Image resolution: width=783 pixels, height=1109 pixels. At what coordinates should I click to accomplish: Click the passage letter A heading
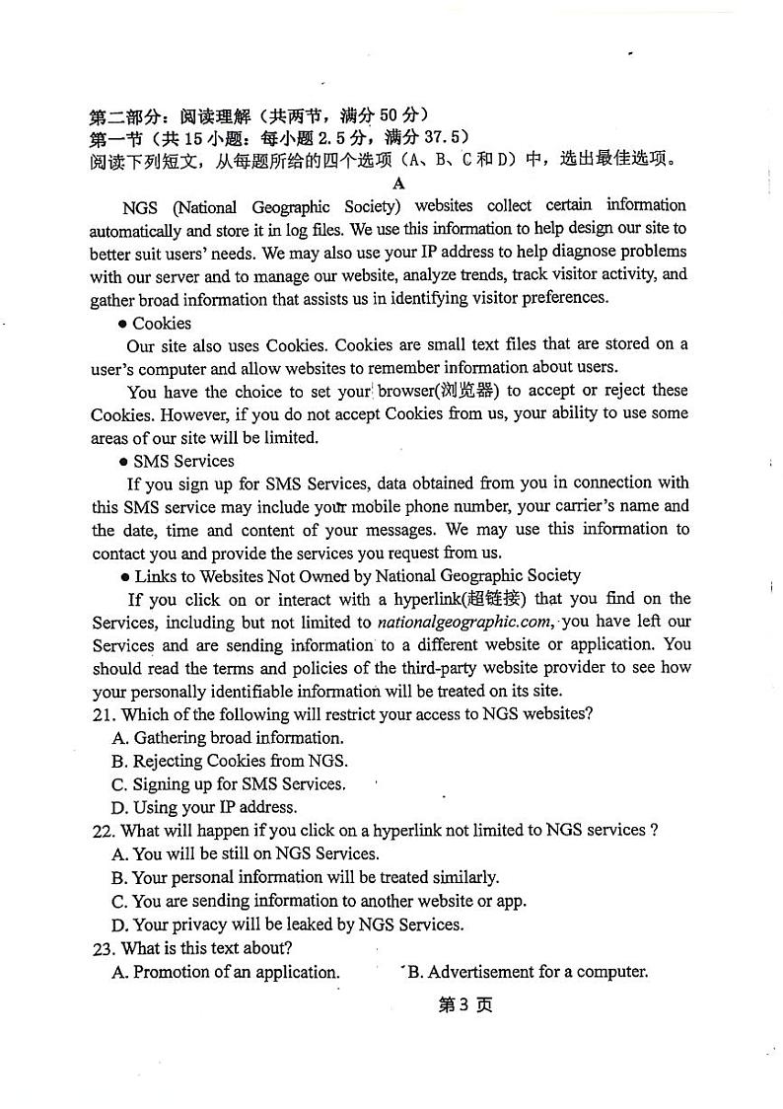point(398,184)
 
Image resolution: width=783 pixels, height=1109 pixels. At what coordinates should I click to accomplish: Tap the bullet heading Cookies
point(162,323)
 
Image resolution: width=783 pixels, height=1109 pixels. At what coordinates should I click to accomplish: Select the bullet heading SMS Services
point(183,461)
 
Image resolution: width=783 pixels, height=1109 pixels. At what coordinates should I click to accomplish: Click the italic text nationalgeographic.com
point(464,623)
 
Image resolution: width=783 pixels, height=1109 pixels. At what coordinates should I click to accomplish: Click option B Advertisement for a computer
point(528,972)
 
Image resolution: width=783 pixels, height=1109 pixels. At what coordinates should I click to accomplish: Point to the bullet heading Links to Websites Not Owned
point(357,575)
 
